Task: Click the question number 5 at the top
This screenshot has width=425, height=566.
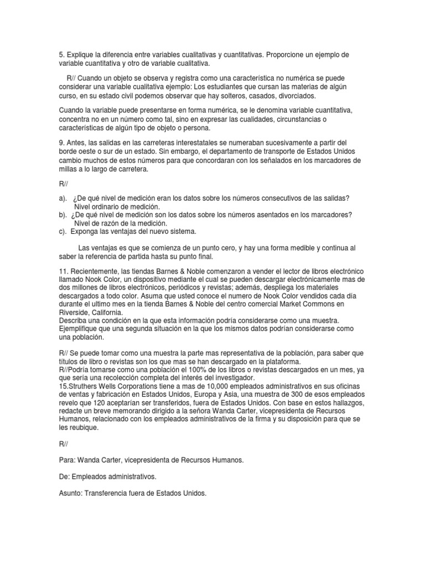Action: pyautogui.click(x=61, y=55)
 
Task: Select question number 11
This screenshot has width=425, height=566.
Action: pyautogui.click(x=63, y=271)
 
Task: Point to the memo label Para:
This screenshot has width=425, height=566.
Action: pyautogui.click(x=67, y=460)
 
